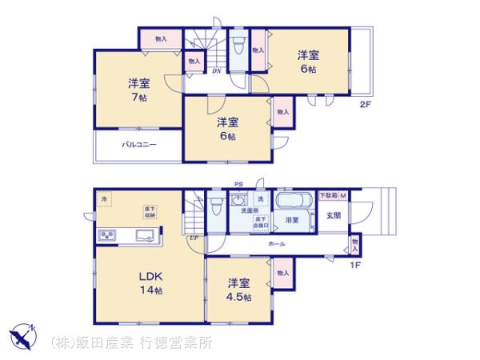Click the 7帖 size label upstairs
click(140, 98)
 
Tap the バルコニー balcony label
click(138, 146)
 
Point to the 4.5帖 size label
click(238, 298)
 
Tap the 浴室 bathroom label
click(291, 219)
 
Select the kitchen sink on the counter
click(147, 234)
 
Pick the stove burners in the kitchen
click(108, 235)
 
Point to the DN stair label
click(217, 71)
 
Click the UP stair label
click(194, 238)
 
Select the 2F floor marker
click(365, 104)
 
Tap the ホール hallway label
click(277, 242)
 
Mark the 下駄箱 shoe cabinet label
click(329, 196)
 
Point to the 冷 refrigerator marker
click(104, 198)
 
